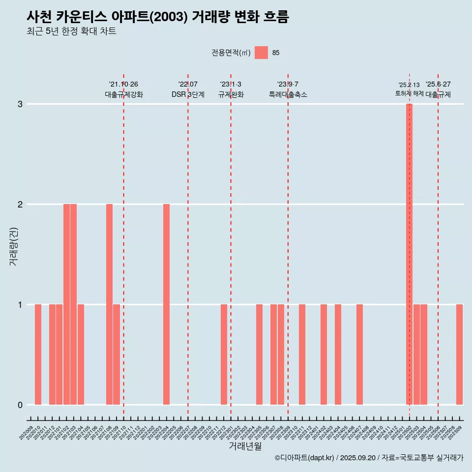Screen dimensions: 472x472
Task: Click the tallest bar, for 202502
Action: click(x=409, y=254)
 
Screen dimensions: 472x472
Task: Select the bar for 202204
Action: click(x=167, y=304)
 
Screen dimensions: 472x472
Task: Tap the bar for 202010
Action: click(x=38, y=354)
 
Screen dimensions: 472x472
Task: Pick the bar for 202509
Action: click(x=459, y=354)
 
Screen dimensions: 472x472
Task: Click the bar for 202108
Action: click(x=109, y=304)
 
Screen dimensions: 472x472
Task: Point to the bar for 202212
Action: click(x=224, y=354)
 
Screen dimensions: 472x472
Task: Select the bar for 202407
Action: click(x=359, y=354)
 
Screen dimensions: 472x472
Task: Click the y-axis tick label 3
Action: click(x=20, y=104)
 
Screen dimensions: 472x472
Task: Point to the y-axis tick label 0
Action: click(x=20, y=405)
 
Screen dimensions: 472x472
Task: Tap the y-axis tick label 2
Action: click(x=20, y=205)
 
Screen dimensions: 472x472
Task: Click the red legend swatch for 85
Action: click(x=261, y=53)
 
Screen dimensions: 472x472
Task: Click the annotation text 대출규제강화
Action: click(x=124, y=94)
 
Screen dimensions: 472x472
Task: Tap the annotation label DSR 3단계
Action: click(x=188, y=94)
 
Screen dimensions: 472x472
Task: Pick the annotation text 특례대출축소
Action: click(x=288, y=94)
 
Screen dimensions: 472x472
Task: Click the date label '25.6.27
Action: click(x=438, y=85)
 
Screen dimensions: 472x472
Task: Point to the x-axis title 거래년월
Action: click(x=245, y=446)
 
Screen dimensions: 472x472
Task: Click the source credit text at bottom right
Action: click(x=369, y=458)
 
